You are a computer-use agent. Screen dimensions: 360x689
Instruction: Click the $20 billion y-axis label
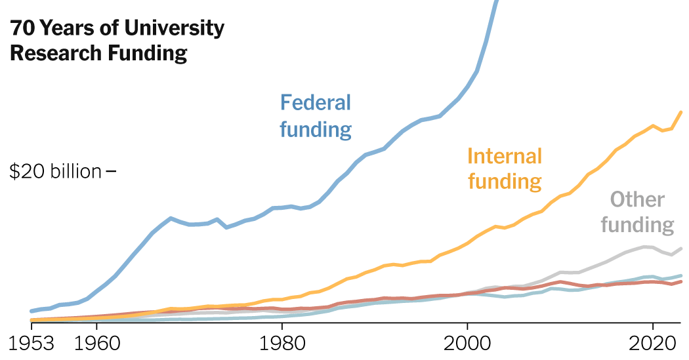(x=56, y=172)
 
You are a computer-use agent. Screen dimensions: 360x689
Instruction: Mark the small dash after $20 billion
(x=111, y=172)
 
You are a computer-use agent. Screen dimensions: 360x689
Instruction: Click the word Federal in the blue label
(x=316, y=103)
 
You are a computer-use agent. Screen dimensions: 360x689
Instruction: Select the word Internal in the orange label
(x=505, y=156)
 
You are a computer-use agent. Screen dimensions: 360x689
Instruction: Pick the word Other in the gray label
(x=637, y=199)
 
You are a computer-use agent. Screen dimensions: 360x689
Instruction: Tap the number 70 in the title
(x=22, y=28)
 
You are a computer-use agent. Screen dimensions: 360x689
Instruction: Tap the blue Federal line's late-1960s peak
(x=171, y=218)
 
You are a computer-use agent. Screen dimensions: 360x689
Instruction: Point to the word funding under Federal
(x=316, y=129)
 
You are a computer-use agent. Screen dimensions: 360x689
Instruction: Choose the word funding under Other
(x=637, y=225)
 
